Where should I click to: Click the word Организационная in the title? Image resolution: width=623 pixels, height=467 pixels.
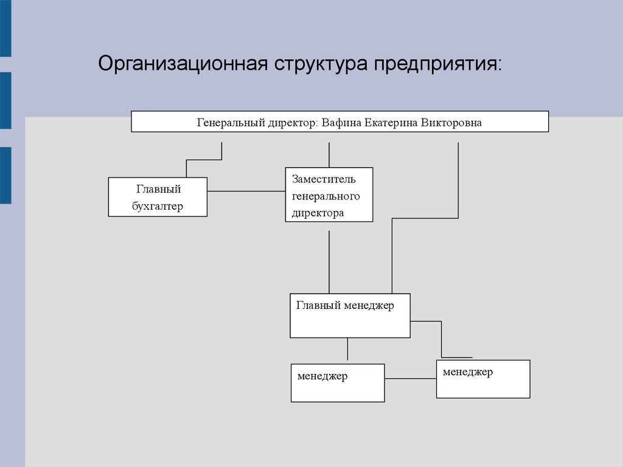tap(183, 63)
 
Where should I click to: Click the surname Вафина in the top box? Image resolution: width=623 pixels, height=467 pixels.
tap(341, 122)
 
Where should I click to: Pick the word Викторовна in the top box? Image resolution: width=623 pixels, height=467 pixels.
tap(451, 122)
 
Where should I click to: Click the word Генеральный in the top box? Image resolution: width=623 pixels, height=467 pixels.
tap(231, 122)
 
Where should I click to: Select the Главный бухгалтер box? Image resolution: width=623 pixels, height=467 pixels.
tap(158, 197)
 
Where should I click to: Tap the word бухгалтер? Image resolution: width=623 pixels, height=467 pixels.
tap(158, 206)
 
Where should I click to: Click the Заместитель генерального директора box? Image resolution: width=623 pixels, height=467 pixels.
tap(329, 195)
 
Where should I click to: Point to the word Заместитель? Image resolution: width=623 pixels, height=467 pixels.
tap(324, 179)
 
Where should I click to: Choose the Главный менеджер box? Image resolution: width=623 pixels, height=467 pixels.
tap(350, 316)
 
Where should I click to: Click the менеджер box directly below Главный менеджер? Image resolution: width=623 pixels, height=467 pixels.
tap(338, 383)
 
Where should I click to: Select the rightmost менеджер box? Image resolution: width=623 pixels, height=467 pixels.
tap(483, 379)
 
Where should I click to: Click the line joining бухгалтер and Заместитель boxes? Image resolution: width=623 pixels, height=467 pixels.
tap(246, 191)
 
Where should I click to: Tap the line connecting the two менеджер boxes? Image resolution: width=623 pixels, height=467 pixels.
tap(411, 378)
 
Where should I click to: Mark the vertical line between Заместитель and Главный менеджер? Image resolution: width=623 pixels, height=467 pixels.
tap(329, 262)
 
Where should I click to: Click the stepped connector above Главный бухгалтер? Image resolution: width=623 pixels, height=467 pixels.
tap(204, 160)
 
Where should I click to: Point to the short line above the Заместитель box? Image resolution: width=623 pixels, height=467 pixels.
tap(329, 155)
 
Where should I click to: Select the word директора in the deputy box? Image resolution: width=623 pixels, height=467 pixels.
tap(318, 213)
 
